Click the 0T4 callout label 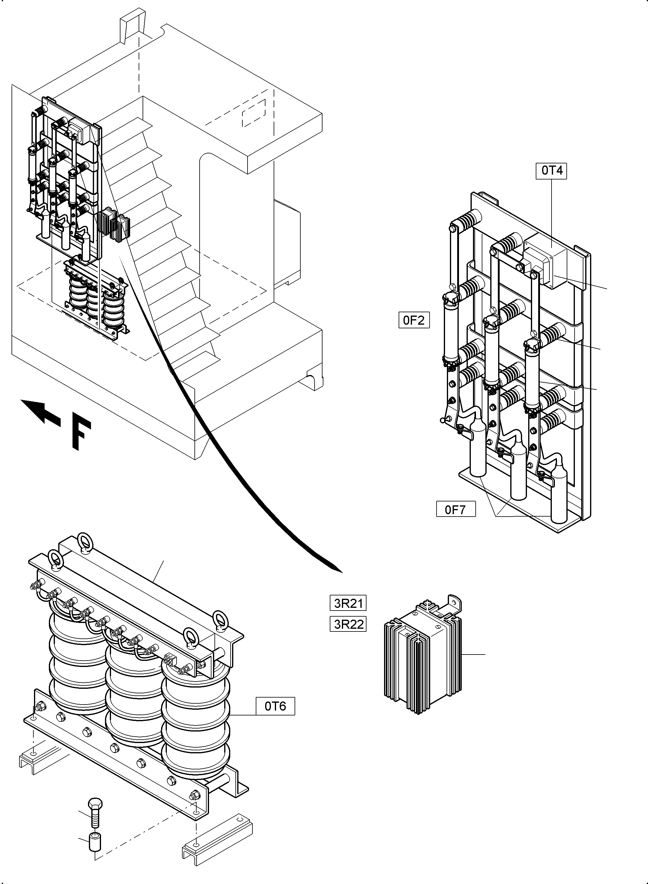coord(552,171)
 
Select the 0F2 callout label coord(414,320)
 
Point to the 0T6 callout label coord(275,706)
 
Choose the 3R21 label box coord(348,603)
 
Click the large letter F coord(81,434)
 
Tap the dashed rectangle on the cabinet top coord(254,113)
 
